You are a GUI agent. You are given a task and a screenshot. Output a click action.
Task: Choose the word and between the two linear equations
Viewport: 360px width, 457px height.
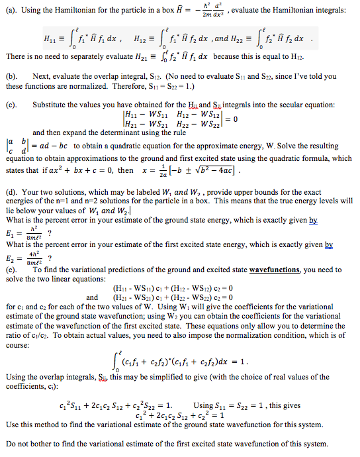point(92,297)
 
